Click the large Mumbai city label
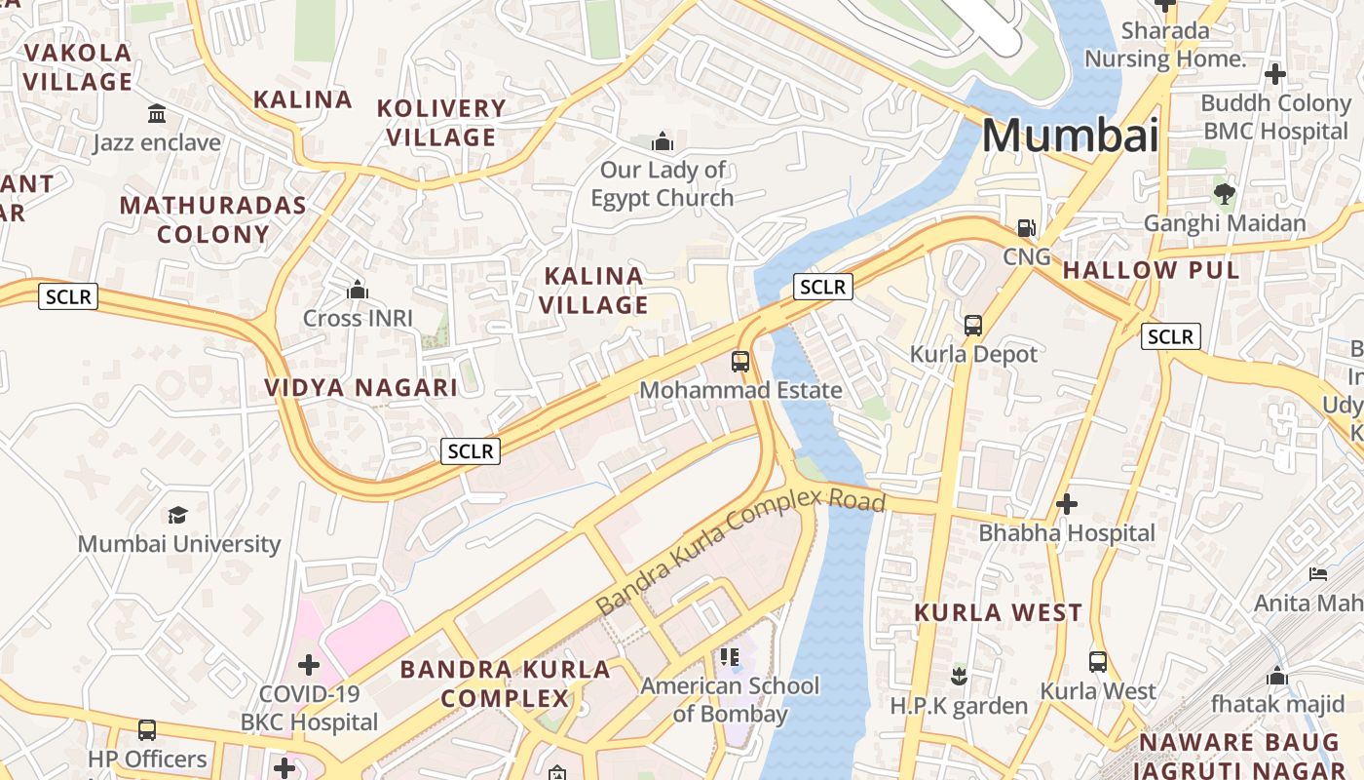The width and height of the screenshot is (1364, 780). click(1070, 136)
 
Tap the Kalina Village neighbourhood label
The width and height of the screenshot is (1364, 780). click(593, 291)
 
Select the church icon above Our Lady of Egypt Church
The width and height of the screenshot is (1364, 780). click(663, 141)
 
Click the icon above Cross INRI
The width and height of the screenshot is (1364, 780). click(358, 290)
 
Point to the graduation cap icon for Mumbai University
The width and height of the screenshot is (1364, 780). click(177, 515)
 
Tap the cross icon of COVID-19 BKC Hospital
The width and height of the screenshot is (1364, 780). click(309, 665)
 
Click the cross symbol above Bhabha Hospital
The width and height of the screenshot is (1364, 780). click(1067, 504)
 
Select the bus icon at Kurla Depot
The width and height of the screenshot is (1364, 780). click(973, 325)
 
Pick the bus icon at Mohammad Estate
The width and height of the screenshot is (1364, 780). click(740, 362)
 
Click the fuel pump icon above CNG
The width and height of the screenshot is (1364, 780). click(1026, 228)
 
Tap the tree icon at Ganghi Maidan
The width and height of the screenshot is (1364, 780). click(1225, 194)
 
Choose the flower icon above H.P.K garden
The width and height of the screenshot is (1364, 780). click(959, 676)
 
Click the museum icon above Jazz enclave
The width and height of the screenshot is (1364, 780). click(157, 114)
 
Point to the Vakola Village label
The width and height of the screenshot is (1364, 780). click(78, 67)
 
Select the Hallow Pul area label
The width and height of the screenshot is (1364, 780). click(1151, 270)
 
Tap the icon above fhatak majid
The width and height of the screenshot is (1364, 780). click(1277, 675)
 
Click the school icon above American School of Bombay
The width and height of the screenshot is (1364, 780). click(730, 657)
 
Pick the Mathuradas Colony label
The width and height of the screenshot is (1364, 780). click(212, 219)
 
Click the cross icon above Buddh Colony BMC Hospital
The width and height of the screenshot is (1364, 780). click(1274, 73)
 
